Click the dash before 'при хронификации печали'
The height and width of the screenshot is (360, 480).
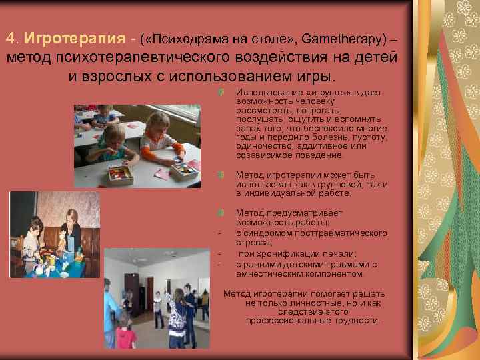click(218, 254)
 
